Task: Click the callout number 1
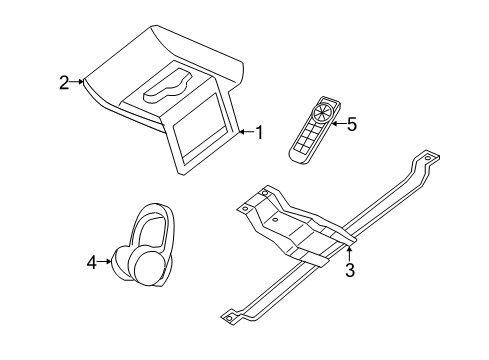pos(259,131)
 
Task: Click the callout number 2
pos(64,83)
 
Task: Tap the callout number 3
pos(349,269)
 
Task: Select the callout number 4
pos(92,262)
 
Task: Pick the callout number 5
pos(351,125)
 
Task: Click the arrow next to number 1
pos(244,131)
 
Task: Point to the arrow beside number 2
pos(78,83)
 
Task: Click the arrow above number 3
pos(349,251)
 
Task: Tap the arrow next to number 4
pos(106,262)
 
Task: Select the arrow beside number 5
pos(335,125)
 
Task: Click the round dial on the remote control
pos(323,112)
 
